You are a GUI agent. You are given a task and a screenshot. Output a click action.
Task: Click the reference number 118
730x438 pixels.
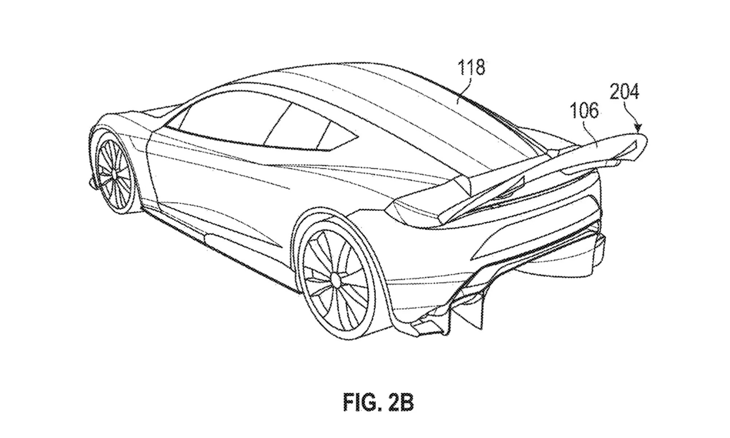point(471,68)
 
